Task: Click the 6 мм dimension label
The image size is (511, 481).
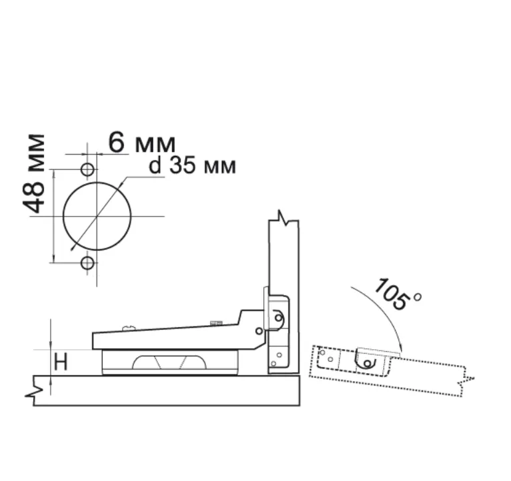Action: click(142, 143)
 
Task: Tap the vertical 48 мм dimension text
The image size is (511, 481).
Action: click(33, 174)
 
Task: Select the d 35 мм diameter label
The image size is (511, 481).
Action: click(193, 165)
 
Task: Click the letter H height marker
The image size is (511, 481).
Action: click(61, 362)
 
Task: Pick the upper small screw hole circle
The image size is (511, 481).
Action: click(87, 169)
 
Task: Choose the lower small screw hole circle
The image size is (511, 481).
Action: click(87, 262)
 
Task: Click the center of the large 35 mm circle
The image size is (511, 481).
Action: click(97, 216)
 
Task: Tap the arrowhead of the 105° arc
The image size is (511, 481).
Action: click(400, 349)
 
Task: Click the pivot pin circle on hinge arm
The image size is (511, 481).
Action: click(259, 331)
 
